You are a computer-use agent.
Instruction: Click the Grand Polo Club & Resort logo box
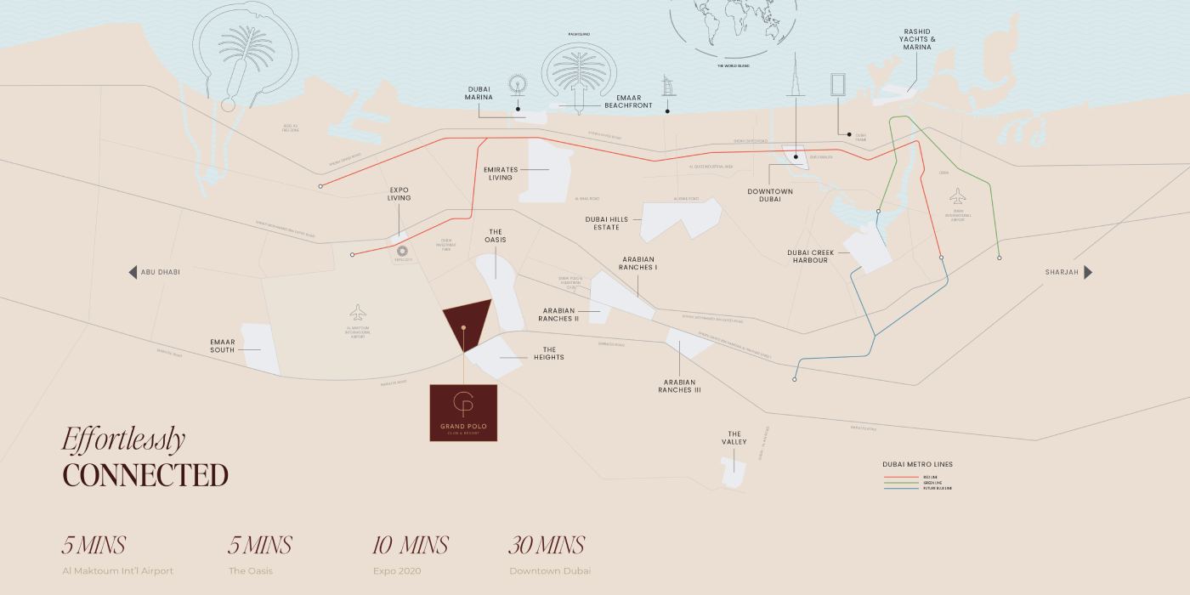click(x=463, y=412)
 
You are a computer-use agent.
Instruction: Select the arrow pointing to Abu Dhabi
click(x=133, y=272)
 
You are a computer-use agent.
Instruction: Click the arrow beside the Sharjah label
click(x=1088, y=272)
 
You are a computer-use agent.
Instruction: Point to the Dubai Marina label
click(x=485, y=92)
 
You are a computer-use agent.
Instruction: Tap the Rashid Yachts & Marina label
click(x=917, y=39)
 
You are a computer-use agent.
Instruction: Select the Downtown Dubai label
click(x=770, y=195)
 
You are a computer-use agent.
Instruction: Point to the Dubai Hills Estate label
click(x=607, y=223)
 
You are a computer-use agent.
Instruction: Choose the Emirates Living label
click(x=501, y=173)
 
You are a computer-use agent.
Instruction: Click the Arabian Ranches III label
click(x=679, y=386)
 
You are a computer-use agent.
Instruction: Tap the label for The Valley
click(x=734, y=438)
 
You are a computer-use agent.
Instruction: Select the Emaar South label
click(x=222, y=345)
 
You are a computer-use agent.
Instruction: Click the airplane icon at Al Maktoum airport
click(x=356, y=312)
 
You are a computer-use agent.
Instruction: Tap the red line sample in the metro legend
click(x=902, y=478)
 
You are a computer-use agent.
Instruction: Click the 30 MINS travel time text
click(x=547, y=545)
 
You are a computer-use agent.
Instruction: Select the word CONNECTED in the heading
click(x=145, y=475)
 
